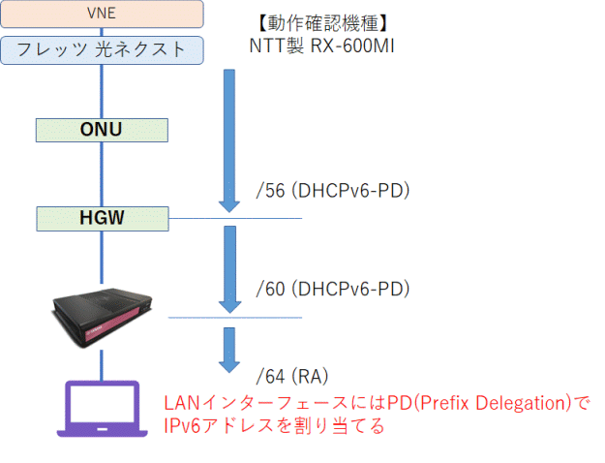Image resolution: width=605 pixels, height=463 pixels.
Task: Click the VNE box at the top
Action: coord(102,14)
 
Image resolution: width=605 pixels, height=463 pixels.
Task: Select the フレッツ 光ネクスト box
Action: coord(102,50)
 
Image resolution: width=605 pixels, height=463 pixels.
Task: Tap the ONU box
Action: coord(102,129)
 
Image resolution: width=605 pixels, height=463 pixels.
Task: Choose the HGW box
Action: coord(102,218)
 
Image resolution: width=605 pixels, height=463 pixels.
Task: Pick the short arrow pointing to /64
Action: coord(229,349)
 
